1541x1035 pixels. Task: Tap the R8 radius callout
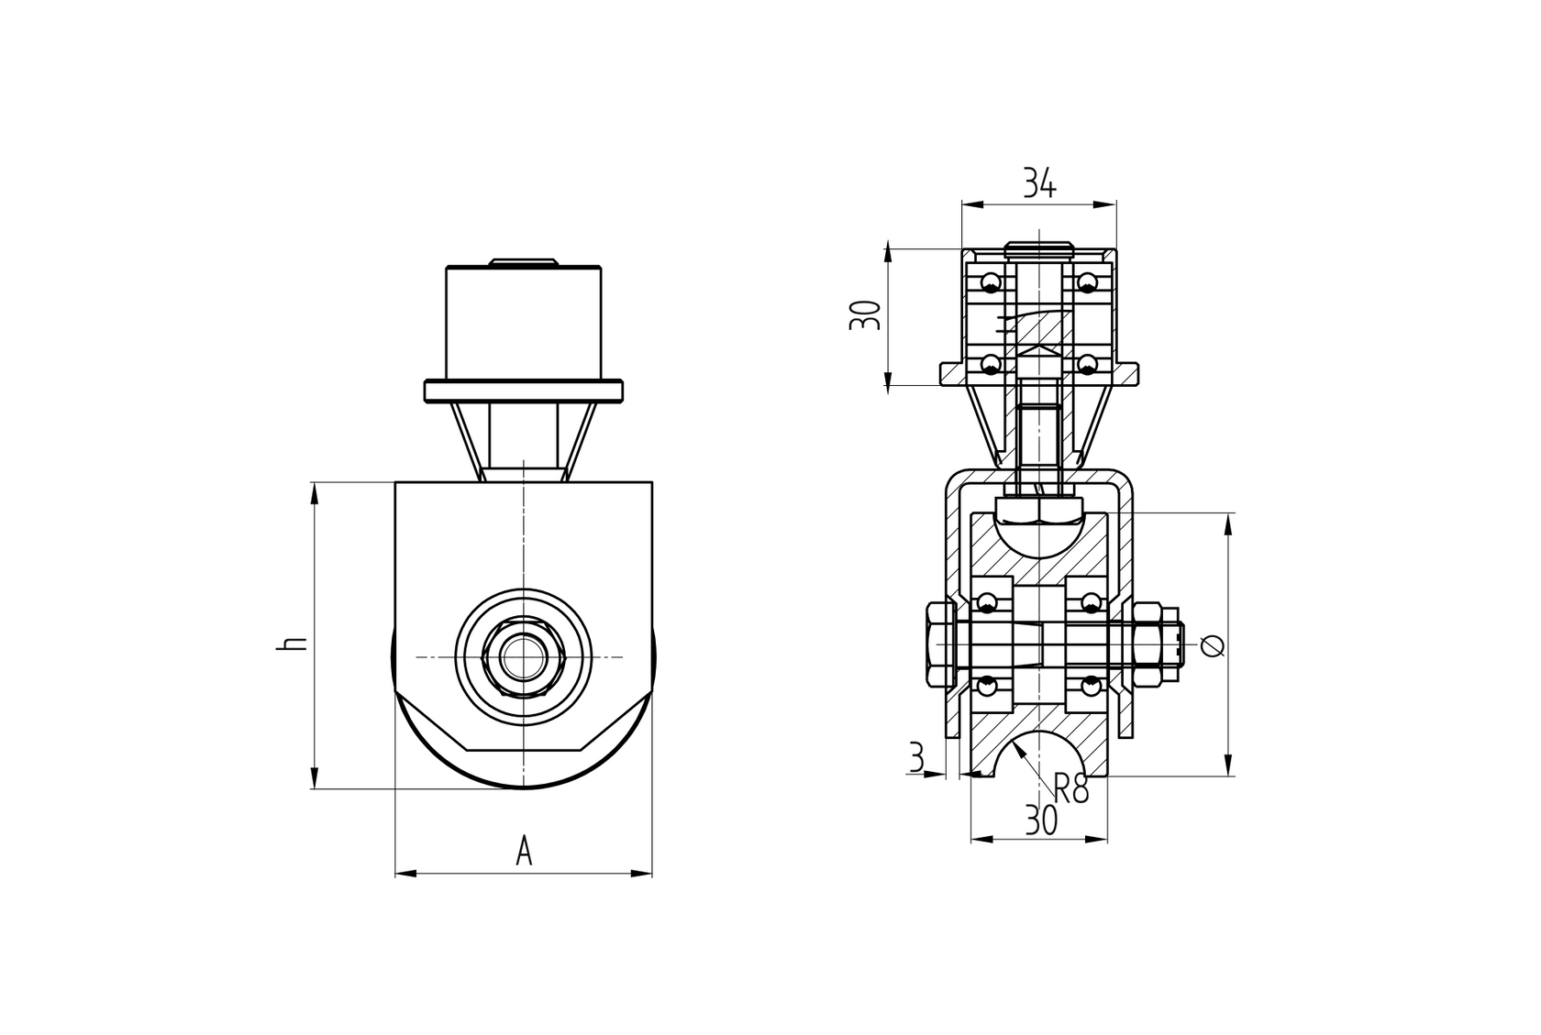(1070, 787)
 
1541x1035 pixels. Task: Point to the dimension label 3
(915, 758)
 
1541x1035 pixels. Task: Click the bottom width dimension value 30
(1040, 821)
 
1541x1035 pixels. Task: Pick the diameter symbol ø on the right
(1212, 645)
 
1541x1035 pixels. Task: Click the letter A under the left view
(524, 852)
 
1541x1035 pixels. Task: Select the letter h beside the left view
(291, 643)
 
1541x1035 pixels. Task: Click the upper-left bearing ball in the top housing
(991, 281)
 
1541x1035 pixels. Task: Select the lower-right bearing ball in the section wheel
(1090, 686)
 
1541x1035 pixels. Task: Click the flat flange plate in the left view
(523, 391)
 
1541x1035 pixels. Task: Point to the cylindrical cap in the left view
(523, 323)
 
